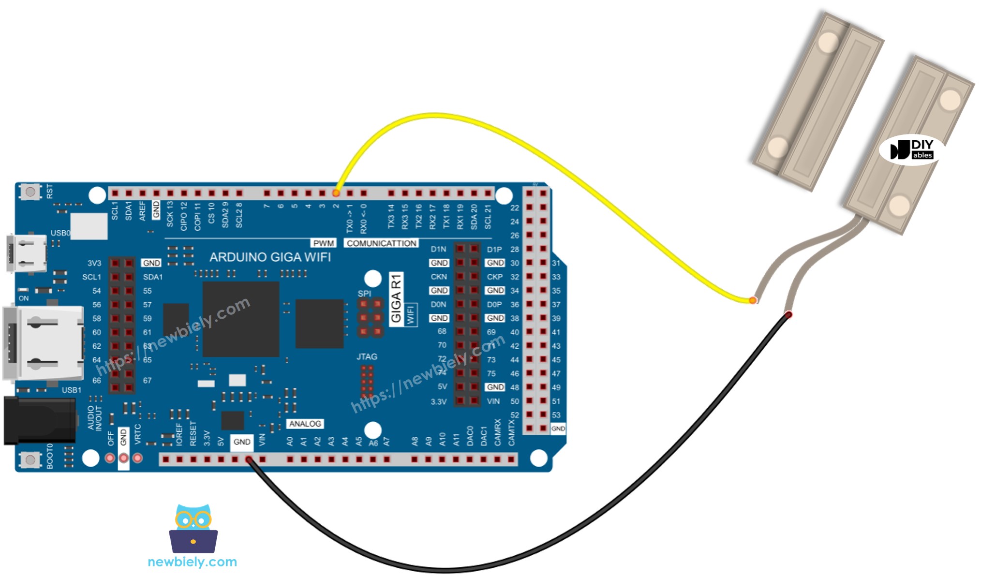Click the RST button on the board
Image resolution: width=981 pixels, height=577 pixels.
(x=30, y=192)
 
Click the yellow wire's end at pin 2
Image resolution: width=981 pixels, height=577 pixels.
(x=336, y=193)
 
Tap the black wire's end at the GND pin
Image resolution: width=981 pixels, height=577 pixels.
(x=249, y=459)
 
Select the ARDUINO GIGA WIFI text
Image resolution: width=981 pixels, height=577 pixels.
(x=270, y=257)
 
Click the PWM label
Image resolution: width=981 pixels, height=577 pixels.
(x=324, y=243)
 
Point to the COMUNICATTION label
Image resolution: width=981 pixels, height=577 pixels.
(x=381, y=243)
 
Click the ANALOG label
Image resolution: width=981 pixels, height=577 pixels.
(x=305, y=424)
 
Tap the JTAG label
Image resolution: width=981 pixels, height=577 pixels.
(x=367, y=357)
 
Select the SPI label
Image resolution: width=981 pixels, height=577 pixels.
(x=364, y=294)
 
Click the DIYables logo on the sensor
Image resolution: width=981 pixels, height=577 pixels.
(x=912, y=150)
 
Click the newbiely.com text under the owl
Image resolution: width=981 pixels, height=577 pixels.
(x=192, y=562)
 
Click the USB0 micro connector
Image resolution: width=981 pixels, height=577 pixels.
(x=27, y=253)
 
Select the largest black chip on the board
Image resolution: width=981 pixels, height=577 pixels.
(x=240, y=319)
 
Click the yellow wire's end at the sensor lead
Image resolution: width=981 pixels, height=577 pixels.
(x=752, y=300)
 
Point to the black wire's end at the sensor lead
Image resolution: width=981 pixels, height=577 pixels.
(x=788, y=315)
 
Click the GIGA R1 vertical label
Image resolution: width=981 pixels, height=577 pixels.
(x=396, y=298)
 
